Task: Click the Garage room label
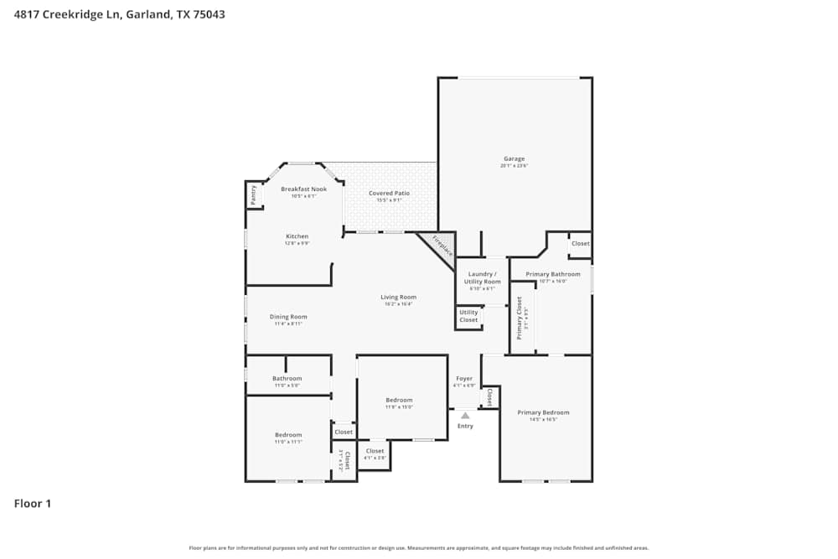(514, 158)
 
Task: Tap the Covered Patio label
(390, 194)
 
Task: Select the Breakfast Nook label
(303, 189)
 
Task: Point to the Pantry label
(253, 194)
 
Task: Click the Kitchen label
(297, 236)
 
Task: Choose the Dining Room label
(288, 317)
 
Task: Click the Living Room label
(398, 298)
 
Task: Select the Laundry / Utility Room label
(482, 277)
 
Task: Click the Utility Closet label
(468, 316)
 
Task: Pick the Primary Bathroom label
(552, 274)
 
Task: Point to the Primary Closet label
(520, 318)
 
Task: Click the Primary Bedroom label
(543, 412)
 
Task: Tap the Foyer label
(464, 379)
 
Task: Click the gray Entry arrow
(465, 415)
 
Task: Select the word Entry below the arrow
(465, 426)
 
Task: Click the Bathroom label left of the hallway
(287, 378)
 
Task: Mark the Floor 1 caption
(33, 504)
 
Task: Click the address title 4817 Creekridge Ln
(119, 14)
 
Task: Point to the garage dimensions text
(514, 166)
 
